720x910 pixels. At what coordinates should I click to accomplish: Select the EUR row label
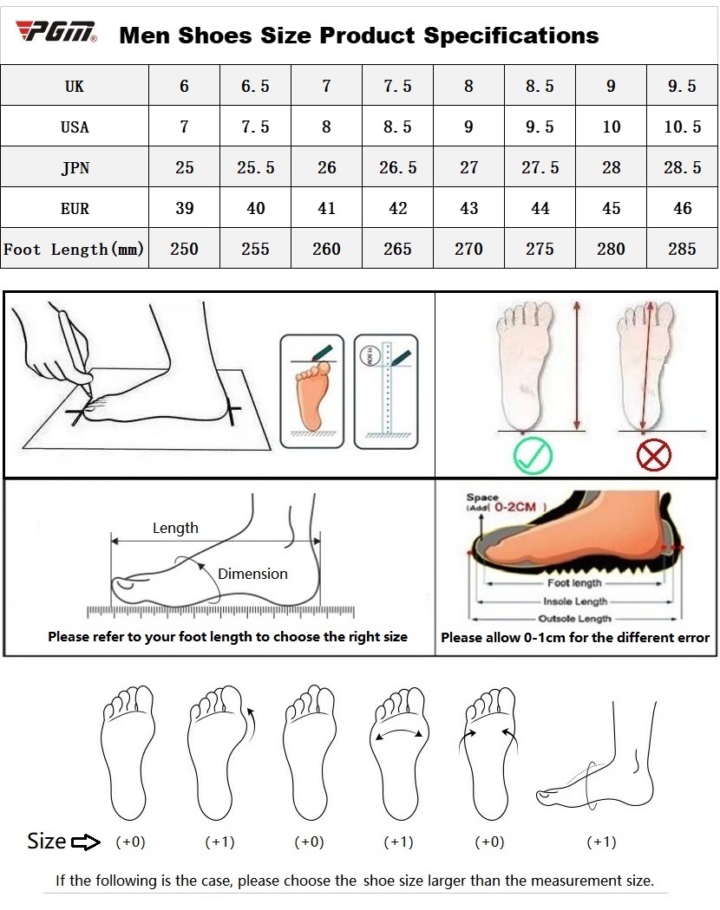click(x=75, y=208)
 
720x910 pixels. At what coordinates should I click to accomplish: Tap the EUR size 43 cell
click(x=468, y=208)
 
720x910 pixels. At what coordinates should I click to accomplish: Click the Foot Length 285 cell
click(x=682, y=249)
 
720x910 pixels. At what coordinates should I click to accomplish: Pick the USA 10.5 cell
click(x=682, y=127)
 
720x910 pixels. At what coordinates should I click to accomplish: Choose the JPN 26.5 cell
click(x=397, y=167)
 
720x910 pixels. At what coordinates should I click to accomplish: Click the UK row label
click(x=75, y=86)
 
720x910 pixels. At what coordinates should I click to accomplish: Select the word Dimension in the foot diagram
click(x=252, y=574)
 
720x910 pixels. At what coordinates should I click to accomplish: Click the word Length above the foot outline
click(x=175, y=528)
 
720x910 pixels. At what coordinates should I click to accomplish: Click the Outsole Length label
click(x=575, y=619)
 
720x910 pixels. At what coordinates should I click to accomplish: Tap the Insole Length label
click(x=575, y=601)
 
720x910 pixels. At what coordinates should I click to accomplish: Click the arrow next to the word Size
click(x=86, y=842)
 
